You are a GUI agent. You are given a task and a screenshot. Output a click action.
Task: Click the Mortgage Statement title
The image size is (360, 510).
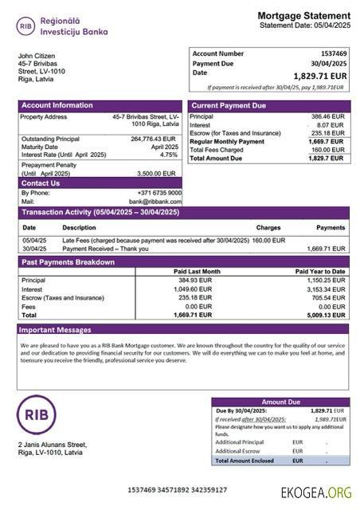point(303,16)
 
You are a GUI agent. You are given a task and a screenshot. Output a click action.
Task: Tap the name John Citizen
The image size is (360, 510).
point(37,56)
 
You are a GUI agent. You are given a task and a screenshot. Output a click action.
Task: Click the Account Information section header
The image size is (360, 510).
point(57,105)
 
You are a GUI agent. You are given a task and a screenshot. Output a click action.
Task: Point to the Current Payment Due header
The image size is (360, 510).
point(229,105)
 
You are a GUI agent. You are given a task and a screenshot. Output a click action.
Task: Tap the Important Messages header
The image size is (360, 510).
point(56,329)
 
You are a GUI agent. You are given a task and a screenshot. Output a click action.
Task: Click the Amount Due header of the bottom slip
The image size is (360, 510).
point(280,402)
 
